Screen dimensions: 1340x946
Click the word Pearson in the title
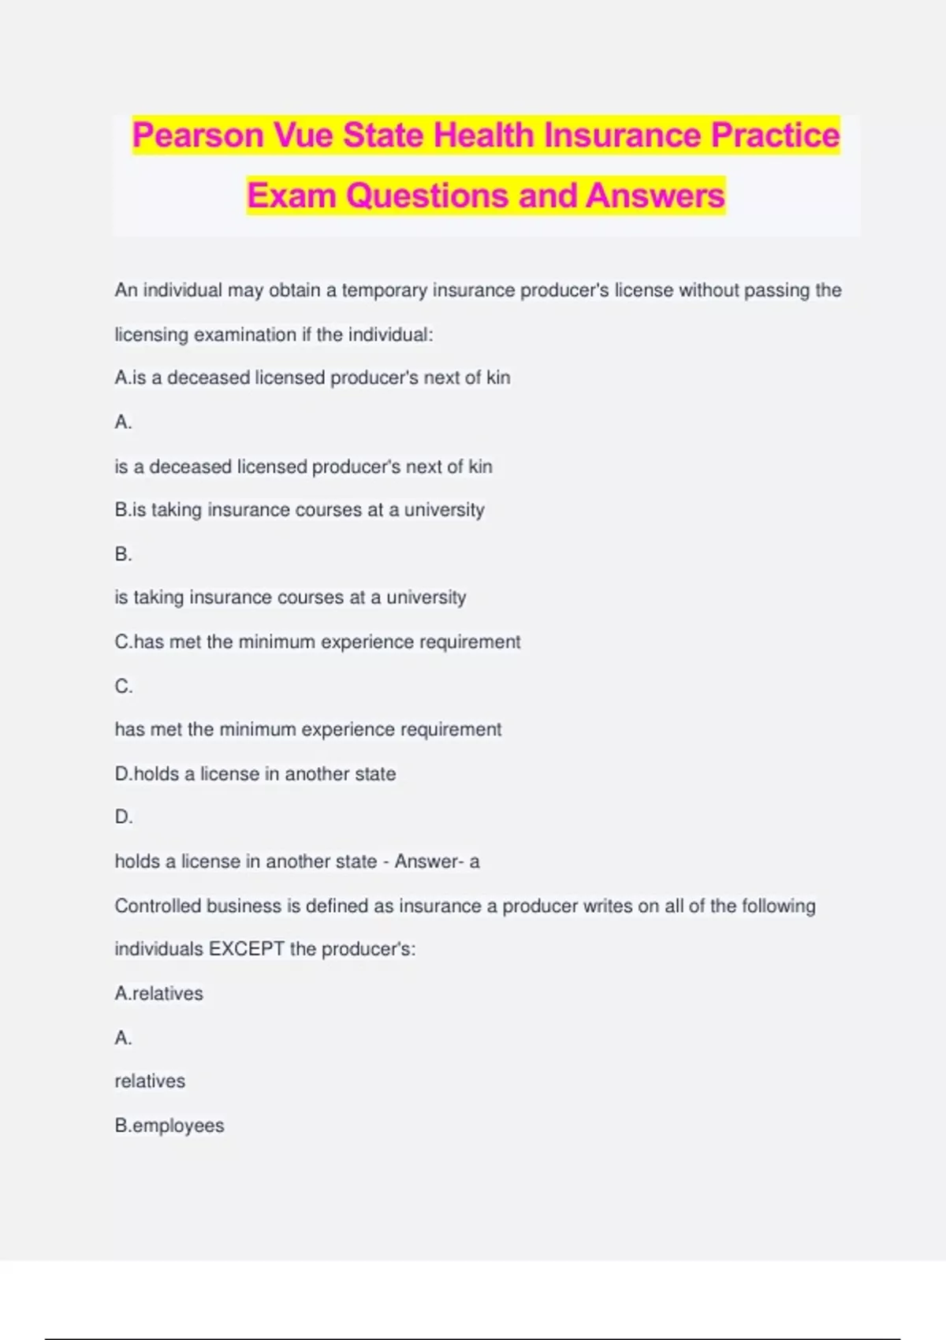pos(198,135)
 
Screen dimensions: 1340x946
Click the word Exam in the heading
pos(292,195)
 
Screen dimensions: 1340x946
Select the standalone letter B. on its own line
pos(123,554)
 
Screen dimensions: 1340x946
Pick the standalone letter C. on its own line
pos(124,686)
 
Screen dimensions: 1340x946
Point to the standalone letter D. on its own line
pos(124,817)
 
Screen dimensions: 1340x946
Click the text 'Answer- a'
pos(437,862)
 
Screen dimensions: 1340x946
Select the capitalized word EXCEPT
pos(246,949)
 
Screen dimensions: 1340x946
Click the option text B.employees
pos(169,1126)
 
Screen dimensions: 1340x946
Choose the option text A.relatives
pos(158,993)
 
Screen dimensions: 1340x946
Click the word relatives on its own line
pos(150,1081)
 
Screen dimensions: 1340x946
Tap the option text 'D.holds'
pos(147,774)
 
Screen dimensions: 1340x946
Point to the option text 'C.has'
pos(140,642)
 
